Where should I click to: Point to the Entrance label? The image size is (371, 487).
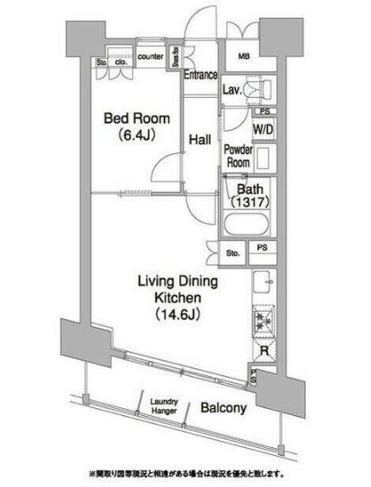click(200, 76)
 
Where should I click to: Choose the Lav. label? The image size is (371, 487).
click(233, 89)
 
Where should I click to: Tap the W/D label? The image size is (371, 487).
click(264, 129)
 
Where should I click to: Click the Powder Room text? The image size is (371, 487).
click(238, 155)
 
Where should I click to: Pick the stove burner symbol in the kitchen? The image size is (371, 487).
click(264, 320)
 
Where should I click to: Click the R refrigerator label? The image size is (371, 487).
click(264, 350)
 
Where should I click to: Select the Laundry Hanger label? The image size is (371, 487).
click(163, 406)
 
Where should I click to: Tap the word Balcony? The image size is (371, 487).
click(224, 407)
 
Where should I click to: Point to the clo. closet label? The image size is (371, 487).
click(120, 62)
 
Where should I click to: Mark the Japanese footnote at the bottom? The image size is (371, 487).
click(185, 475)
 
